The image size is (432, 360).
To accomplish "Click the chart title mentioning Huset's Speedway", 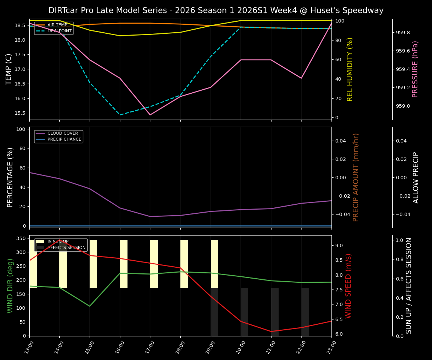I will pos(216,10).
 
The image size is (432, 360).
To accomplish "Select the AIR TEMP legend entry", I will pos(57,25).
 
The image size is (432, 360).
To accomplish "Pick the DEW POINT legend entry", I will pos(59,31).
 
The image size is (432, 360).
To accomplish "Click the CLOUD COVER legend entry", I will pos(63,133).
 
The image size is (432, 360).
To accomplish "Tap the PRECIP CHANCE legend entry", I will pos(64,139).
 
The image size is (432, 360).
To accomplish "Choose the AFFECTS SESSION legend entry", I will pos(66,248).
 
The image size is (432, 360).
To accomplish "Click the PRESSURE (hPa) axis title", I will pos(415,69).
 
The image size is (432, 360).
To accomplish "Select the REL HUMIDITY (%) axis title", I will pos(350,69).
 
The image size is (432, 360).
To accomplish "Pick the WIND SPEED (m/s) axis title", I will pos(349,286).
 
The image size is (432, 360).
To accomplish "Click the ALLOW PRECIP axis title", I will pos(416,177).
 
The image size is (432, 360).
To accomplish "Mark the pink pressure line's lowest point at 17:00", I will pos(150,115).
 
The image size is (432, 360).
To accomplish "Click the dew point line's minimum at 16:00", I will pos(120,115).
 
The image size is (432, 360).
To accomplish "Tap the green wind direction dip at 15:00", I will pos(90,306).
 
